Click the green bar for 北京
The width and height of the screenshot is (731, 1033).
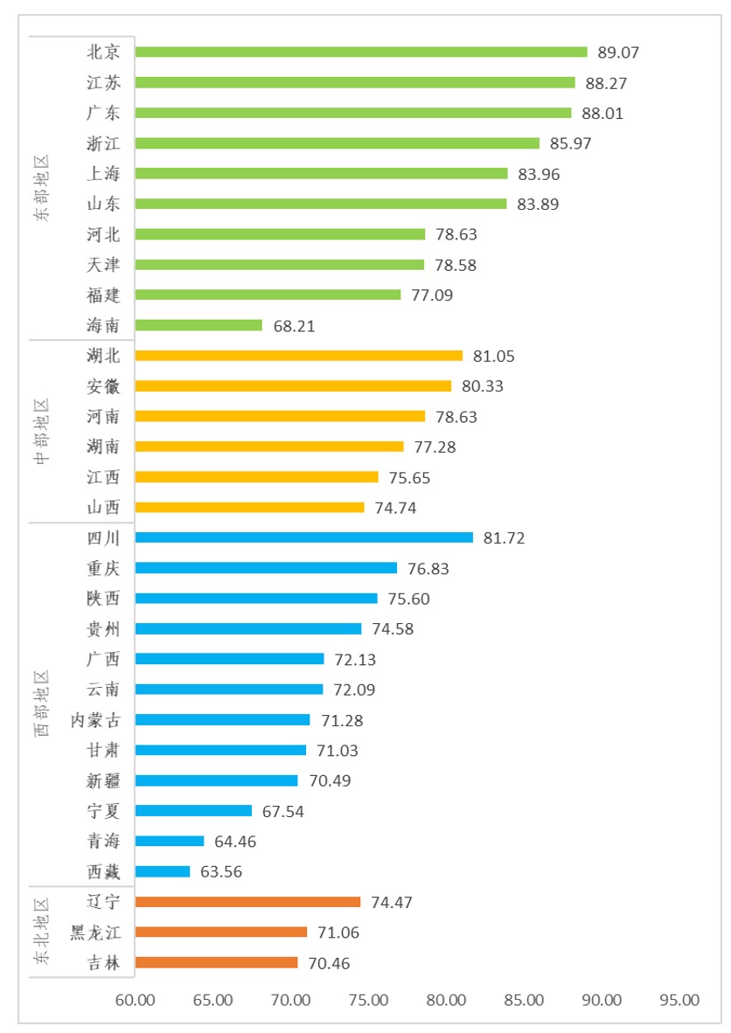coord(361,52)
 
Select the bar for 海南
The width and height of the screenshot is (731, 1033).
coord(199,325)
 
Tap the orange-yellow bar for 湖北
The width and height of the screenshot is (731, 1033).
coord(299,356)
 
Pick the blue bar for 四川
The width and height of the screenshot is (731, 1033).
coord(304,537)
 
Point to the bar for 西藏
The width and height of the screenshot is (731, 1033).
coord(163,871)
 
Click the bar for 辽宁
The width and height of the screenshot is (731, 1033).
coord(248,902)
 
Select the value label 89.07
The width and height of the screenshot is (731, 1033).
coord(618,52)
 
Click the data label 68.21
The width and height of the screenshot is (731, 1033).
coord(294,326)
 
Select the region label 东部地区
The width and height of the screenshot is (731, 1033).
coord(42,189)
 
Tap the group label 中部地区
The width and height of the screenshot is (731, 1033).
coord(42,432)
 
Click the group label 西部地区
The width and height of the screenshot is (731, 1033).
coord(42,704)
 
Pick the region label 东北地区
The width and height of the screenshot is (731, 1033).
coord(42,932)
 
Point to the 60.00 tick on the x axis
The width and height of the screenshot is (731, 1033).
coord(136,1000)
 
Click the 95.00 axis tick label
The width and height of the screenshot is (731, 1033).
coord(680,1000)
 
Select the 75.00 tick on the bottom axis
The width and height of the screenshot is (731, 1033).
coord(369,1000)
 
